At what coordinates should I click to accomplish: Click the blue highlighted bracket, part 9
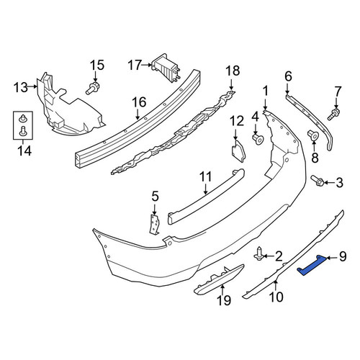pyautogui.click(x=311, y=265)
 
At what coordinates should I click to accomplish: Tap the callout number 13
pyautogui.click(x=21, y=87)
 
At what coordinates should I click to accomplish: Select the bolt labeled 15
pyautogui.click(x=93, y=88)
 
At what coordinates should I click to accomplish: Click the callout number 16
pyautogui.click(x=140, y=102)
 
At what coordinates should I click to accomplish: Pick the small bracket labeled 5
pyautogui.click(x=155, y=224)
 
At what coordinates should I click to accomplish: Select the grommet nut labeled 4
pyautogui.click(x=258, y=139)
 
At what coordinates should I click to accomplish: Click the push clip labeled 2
pyautogui.click(x=259, y=256)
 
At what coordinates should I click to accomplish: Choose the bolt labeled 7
pyautogui.click(x=334, y=114)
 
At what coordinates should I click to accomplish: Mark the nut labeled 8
pyautogui.click(x=313, y=135)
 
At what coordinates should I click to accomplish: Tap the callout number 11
pyautogui.click(x=206, y=176)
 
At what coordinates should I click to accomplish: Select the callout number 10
pyautogui.click(x=276, y=297)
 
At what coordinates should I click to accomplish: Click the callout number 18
pyautogui.click(x=233, y=71)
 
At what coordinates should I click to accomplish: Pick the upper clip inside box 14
pyautogui.click(x=23, y=118)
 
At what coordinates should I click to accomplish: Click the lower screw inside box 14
pyautogui.click(x=23, y=131)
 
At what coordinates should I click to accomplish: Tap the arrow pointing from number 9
pyautogui.click(x=332, y=258)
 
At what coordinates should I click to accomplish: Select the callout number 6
pyautogui.click(x=288, y=76)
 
